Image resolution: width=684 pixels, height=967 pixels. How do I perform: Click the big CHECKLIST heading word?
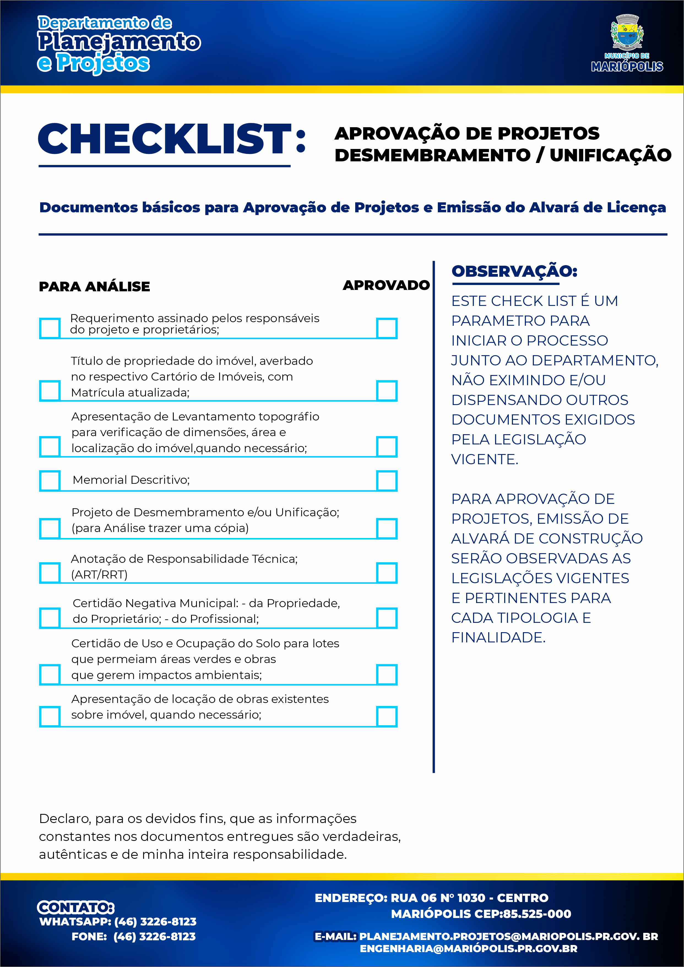165,139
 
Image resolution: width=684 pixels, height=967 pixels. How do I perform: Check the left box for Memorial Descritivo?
50,480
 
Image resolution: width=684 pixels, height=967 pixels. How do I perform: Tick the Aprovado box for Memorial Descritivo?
387,480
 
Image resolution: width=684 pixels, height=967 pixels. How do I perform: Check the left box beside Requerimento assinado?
50,328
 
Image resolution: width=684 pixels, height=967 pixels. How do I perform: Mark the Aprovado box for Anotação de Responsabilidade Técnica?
387,573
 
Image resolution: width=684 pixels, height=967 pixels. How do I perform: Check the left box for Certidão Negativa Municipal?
50,618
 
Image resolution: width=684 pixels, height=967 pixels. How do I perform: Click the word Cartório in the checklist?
172,376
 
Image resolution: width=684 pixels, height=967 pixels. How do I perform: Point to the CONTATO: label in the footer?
76,907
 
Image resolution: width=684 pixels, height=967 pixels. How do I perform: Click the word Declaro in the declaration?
65,818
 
